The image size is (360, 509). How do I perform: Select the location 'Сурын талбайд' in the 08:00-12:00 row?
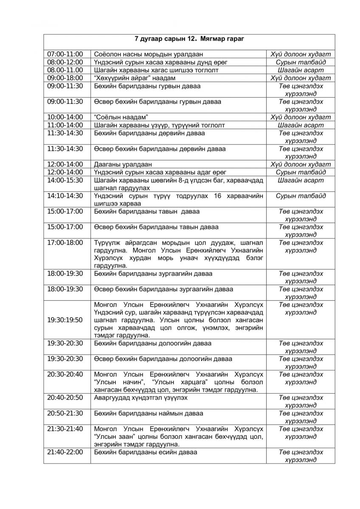301,62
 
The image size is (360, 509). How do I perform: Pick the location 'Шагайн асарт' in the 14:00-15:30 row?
301,180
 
